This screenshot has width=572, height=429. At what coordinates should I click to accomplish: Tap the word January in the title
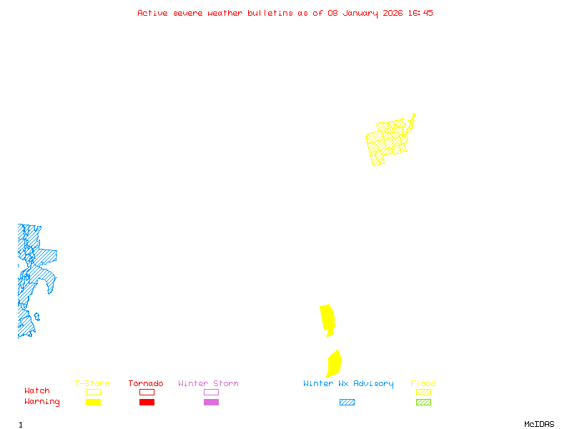(358, 13)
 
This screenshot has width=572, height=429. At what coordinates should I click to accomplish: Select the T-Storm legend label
(92, 384)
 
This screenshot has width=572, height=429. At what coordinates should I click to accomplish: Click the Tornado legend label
(146, 384)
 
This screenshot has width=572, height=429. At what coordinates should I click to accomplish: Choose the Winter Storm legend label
(208, 384)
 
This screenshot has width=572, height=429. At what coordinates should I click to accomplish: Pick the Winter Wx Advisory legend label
(348, 384)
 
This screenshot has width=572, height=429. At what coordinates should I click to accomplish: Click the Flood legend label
(423, 384)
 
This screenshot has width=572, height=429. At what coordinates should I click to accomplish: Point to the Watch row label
(37, 391)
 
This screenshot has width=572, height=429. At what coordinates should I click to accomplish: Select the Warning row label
(42, 402)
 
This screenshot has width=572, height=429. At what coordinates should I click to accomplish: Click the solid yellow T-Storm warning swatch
(93, 403)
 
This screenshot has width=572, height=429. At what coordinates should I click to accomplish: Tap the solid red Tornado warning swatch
(147, 403)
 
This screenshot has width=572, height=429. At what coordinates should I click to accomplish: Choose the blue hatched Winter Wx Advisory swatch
(347, 403)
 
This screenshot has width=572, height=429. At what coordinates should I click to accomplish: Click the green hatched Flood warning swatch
(423, 403)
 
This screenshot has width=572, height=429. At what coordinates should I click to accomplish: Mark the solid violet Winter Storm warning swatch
(211, 403)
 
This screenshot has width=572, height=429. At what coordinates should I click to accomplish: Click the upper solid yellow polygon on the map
(327, 318)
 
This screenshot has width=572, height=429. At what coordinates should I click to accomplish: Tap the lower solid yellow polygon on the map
(333, 363)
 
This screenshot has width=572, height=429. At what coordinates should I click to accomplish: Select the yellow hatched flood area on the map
(387, 140)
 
